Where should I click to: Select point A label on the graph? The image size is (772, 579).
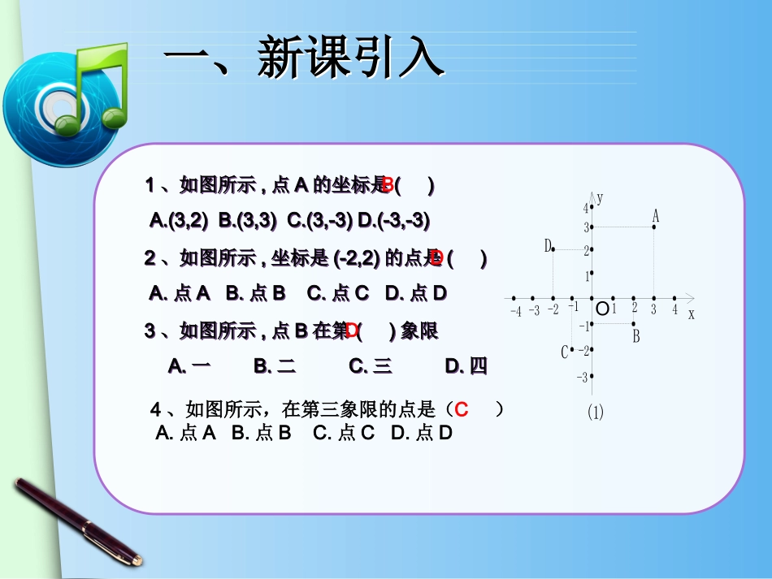(656, 216)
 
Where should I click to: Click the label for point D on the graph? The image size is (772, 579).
(549, 245)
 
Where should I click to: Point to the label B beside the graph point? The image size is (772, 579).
(636, 336)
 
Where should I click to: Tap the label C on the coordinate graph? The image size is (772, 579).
(565, 352)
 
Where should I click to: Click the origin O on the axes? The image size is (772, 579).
(602, 309)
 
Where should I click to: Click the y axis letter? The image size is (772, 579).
(600, 197)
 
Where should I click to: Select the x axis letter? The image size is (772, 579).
(692, 314)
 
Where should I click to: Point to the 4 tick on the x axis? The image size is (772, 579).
(674, 309)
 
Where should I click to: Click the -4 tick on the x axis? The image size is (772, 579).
(515, 311)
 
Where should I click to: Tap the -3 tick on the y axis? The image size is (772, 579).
(582, 377)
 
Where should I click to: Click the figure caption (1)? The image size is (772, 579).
(596, 412)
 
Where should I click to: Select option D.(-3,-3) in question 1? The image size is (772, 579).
(394, 220)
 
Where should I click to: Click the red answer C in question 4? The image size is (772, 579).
(462, 409)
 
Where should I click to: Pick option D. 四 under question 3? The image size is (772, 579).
(466, 366)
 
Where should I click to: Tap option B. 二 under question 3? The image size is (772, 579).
(275, 366)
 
